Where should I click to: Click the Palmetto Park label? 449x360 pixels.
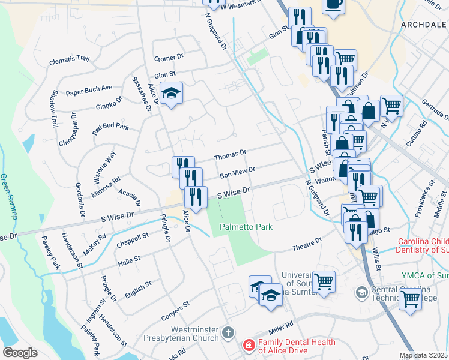246,227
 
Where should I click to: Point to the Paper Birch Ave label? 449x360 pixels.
89,90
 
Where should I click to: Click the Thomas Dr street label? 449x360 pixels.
231,155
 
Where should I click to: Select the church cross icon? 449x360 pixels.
228,332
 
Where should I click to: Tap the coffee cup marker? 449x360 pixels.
333,5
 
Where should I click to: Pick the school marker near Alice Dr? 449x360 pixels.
172,94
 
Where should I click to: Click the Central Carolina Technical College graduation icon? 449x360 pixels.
361,292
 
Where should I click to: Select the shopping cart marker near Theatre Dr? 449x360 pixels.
324,281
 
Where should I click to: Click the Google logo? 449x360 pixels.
20,353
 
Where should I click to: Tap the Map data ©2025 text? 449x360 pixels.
424,355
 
